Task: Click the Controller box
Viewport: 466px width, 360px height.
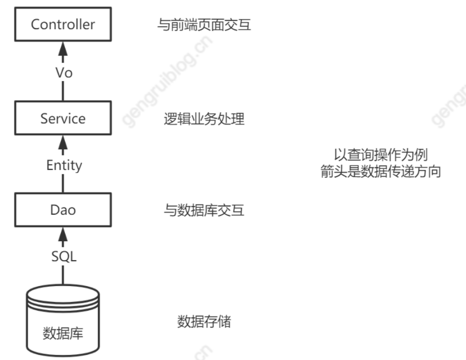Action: tap(63, 25)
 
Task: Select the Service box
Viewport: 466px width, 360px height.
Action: tap(63, 118)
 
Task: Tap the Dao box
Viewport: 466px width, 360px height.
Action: tap(63, 210)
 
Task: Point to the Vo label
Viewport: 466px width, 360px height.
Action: tap(63, 73)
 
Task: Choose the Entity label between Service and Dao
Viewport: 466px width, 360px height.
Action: tap(63, 165)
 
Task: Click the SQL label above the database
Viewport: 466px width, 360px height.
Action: tap(63, 258)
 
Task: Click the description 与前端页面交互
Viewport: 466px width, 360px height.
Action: tap(204, 25)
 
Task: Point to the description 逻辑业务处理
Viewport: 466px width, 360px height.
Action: tap(204, 119)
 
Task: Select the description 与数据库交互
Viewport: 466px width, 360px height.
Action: tap(204, 210)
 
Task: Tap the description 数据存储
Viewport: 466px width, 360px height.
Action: tap(204, 322)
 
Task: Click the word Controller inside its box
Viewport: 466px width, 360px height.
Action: tap(63, 25)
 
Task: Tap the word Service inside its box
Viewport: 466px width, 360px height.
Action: tap(63, 118)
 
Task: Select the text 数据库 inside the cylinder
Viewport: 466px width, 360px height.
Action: tap(63, 333)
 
